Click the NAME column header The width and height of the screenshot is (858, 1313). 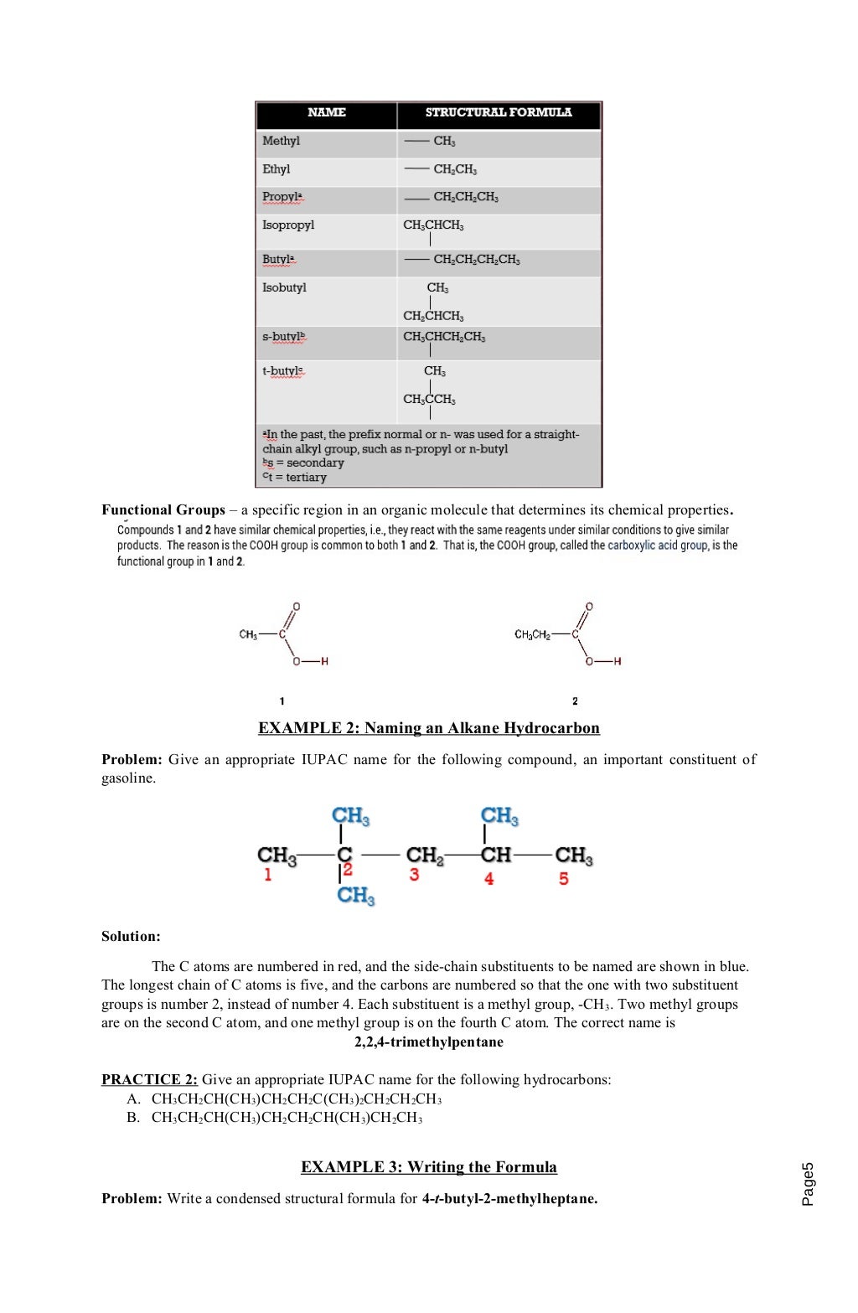pyautogui.click(x=326, y=112)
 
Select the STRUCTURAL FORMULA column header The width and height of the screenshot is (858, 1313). pyautogui.click(x=499, y=112)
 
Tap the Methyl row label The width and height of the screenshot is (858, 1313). pyautogui.click(x=281, y=141)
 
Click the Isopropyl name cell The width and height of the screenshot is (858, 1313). pyautogui.click(x=288, y=225)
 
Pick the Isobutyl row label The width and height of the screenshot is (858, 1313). pyautogui.click(x=284, y=287)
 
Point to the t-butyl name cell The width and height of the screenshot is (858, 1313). pyautogui.click(x=283, y=370)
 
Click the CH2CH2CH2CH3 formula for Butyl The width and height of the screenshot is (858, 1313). pyautogui.click(x=476, y=260)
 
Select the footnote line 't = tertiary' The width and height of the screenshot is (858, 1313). pyautogui.click(x=294, y=477)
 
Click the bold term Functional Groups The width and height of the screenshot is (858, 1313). pyautogui.click(x=163, y=509)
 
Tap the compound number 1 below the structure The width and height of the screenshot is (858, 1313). pyautogui.click(x=282, y=700)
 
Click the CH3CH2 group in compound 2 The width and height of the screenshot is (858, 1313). pyautogui.click(x=532, y=634)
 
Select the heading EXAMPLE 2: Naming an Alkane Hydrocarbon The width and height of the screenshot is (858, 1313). pyautogui.click(x=428, y=727)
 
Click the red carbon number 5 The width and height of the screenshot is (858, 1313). pyautogui.click(x=564, y=878)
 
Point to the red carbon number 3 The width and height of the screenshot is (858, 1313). pyautogui.click(x=414, y=875)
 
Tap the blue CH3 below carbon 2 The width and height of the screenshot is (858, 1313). pyautogui.click(x=355, y=895)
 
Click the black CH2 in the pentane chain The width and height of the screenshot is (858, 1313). pyautogui.click(x=424, y=855)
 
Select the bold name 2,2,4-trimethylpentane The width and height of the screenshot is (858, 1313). pyautogui.click(x=428, y=1042)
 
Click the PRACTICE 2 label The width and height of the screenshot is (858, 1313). pyautogui.click(x=149, y=1079)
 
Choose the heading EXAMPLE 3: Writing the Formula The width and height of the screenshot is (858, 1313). pyautogui.click(x=428, y=1166)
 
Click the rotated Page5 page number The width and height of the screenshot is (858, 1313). pyautogui.click(x=807, y=1183)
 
